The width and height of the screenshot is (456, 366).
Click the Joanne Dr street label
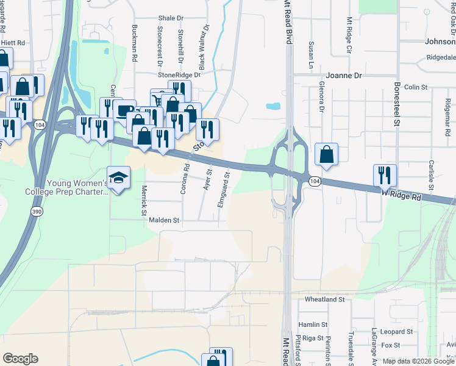(x=344, y=76)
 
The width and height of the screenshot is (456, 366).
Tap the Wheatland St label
(x=324, y=300)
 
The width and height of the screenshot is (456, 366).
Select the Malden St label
(x=165, y=220)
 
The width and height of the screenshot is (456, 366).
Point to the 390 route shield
(x=37, y=210)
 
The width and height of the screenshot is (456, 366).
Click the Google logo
(x=20, y=359)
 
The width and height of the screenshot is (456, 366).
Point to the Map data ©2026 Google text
(x=418, y=361)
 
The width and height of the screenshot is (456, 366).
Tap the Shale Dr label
(x=171, y=19)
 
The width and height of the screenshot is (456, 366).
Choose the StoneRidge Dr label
(x=179, y=74)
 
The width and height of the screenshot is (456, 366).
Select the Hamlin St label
(x=313, y=325)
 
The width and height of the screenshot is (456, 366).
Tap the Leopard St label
(x=396, y=332)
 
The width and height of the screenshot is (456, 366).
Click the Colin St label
(x=416, y=87)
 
